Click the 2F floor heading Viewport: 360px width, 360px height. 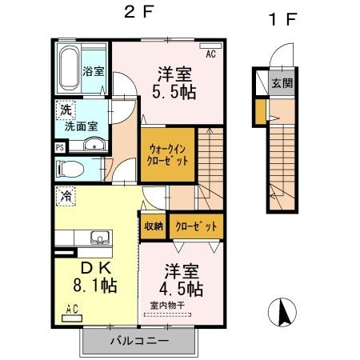138,13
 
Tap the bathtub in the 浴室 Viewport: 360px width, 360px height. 68,68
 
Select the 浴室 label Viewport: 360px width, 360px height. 94,71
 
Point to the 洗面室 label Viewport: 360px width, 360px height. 81,126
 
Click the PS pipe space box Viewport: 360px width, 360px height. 60,147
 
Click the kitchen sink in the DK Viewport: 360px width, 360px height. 101,238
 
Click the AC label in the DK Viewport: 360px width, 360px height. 70,309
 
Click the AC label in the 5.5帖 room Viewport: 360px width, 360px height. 211,54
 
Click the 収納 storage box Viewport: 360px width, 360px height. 153,226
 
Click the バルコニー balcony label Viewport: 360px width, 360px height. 138,341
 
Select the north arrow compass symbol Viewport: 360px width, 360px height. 282,311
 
